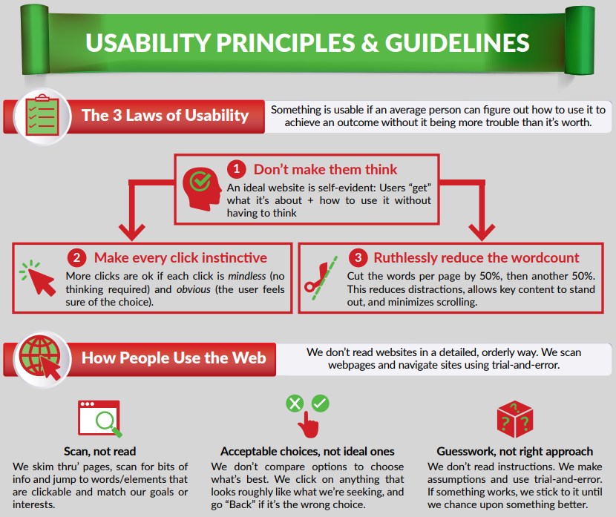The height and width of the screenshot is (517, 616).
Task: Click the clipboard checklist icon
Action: [x=42, y=115]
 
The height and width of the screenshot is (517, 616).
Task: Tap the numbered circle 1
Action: [x=237, y=169]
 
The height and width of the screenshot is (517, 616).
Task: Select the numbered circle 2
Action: [x=77, y=257]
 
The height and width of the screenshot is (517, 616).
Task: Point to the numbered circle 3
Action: [x=358, y=257]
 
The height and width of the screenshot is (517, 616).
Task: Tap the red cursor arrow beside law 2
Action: [x=42, y=281]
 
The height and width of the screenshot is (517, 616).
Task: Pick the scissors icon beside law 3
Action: [x=320, y=278]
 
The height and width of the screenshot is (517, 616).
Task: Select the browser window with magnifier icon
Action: [x=100, y=418]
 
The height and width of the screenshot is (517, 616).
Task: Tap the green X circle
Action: [x=295, y=404]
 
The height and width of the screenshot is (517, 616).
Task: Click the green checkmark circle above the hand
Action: [x=321, y=404]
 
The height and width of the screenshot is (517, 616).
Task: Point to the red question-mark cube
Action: [x=514, y=419]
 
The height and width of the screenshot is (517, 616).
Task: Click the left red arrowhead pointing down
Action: [x=132, y=232]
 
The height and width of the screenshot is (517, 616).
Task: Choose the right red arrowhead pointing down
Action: [x=482, y=232]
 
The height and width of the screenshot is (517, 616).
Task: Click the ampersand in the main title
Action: [x=370, y=43]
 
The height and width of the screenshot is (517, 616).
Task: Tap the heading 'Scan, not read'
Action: [x=99, y=452]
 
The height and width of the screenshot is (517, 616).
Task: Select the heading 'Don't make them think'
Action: [x=325, y=169]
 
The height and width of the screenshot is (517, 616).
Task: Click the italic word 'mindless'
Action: [x=246, y=276]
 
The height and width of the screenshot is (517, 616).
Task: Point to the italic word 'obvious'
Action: [x=194, y=289]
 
